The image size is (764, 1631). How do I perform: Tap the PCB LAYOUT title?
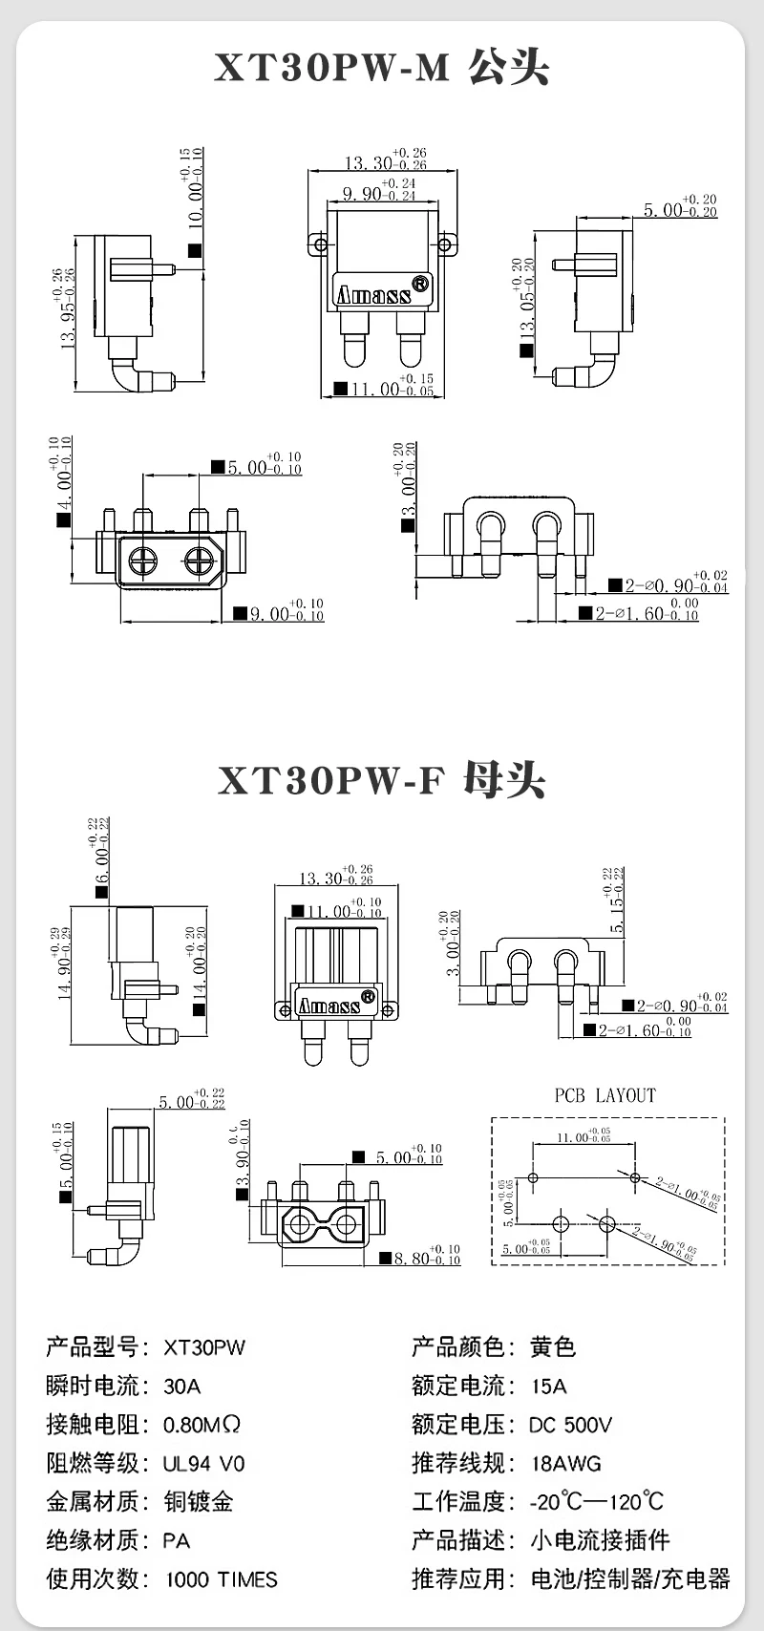(605, 1095)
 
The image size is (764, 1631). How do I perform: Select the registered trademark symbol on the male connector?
(419, 284)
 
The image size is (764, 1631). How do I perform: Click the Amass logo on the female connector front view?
(329, 1006)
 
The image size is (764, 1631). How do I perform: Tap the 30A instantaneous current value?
(182, 1386)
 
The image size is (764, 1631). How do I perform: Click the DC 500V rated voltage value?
(570, 1425)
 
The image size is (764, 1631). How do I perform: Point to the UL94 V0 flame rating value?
(203, 1463)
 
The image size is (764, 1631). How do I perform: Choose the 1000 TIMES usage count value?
(222, 1579)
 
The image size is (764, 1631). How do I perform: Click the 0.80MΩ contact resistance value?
(202, 1425)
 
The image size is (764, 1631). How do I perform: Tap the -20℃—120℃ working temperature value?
(596, 1502)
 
